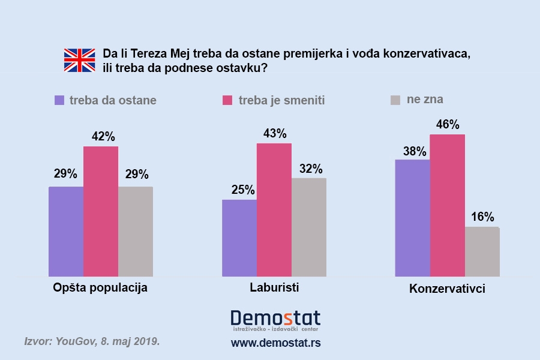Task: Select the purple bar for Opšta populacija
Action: pos(66,232)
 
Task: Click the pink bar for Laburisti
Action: pos(274,210)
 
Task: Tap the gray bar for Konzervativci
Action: pos(482,252)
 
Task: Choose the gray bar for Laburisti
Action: pos(309,227)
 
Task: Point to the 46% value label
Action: pos(448,125)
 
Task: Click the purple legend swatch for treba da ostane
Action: pos(59,100)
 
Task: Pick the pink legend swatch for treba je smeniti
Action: pos(227,100)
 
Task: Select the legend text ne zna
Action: pos(425,100)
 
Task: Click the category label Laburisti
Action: pos(274,287)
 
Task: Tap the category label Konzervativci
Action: pos(447,289)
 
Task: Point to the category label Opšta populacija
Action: pos(100,287)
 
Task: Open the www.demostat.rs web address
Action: pos(275,343)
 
